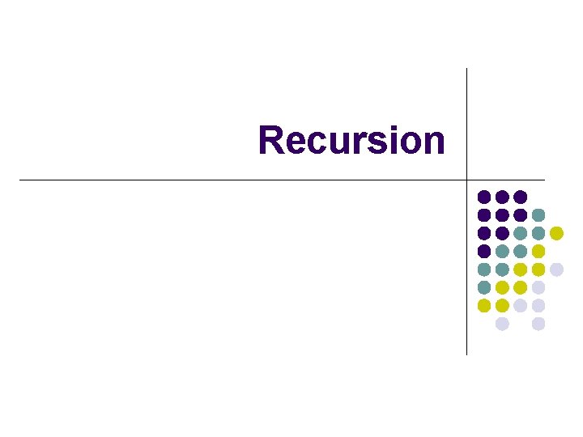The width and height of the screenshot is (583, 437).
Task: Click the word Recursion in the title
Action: (351, 140)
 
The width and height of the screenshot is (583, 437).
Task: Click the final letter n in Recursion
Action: (433, 142)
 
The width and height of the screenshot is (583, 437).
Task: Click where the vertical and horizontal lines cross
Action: (467, 179)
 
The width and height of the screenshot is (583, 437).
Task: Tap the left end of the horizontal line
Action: (20, 179)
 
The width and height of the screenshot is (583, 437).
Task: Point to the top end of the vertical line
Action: (467, 70)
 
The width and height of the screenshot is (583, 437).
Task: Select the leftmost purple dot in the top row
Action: (484, 197)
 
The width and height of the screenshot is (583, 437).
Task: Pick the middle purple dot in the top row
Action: (502, 197)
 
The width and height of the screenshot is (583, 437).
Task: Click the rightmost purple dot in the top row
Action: (521, 197)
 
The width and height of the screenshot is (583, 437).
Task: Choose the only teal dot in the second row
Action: (538, 214)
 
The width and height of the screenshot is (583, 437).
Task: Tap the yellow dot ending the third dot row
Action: (556, 233)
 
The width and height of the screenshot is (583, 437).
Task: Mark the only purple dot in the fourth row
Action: (484, 251)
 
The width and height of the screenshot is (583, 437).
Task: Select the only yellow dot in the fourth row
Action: (538, 251)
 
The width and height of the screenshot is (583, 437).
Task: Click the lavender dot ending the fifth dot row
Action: (556, 269)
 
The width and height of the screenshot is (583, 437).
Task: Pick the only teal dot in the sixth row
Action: (484, 287)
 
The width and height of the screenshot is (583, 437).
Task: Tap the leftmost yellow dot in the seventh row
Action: (484, 305)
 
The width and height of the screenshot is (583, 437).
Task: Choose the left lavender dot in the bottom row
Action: (502, 324)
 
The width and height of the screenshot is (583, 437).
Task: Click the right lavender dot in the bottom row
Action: (538, 324)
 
